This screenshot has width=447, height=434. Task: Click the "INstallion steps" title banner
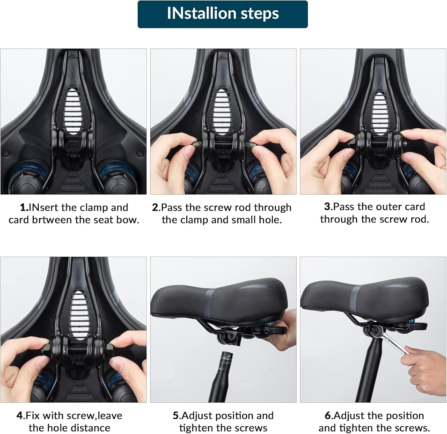(223, 14)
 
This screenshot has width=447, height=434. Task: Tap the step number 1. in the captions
(24, 207)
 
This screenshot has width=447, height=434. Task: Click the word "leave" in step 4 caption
(110, 415)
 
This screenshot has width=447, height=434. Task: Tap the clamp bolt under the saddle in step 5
(230, 336)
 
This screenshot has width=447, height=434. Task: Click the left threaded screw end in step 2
(197, 145)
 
